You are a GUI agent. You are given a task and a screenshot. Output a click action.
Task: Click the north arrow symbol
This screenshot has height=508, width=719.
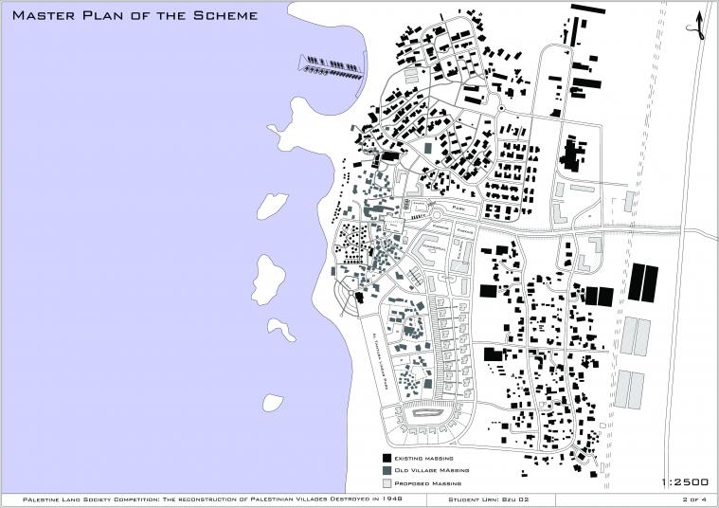[699, 24]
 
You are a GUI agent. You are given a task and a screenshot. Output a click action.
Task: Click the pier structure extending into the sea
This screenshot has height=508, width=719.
[331, 64]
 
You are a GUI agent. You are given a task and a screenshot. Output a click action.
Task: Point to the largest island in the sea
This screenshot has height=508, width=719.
[269, 277]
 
